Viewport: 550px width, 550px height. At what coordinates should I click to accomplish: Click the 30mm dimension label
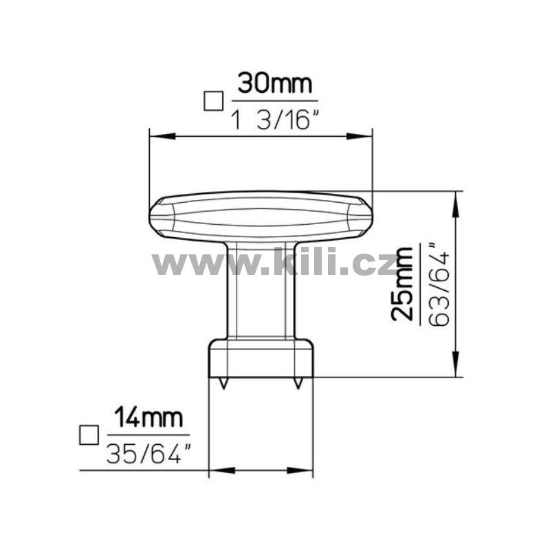(274, 83)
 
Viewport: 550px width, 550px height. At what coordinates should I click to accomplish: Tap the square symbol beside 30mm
(213, 101)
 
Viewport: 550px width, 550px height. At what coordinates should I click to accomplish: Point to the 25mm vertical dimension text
(401, 284)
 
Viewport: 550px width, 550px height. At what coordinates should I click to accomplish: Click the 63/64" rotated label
(439, 284)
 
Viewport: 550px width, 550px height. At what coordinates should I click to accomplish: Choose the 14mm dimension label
(148, 417)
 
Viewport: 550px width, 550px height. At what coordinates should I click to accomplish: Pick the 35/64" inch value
(149, 453)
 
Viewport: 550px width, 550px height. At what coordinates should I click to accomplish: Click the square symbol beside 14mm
(89, 435)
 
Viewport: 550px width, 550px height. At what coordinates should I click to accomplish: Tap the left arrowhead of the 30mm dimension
(162, 136)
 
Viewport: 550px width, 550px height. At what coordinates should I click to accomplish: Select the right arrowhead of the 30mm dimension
(360, 136)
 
